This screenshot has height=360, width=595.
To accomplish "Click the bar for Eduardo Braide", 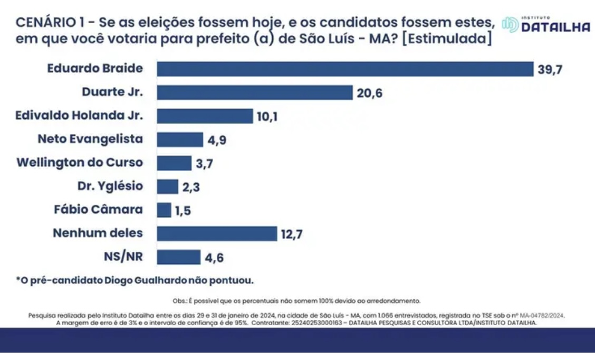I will pyautogui.click(x=346, y=69).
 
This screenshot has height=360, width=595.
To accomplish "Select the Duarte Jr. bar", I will pyautogui.click(x=255, y=92).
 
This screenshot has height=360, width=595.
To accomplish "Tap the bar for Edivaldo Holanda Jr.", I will pyautogui.click(x=205, y=116).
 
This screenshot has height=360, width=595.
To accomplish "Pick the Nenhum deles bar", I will pyautogui.click(x=217, y=233).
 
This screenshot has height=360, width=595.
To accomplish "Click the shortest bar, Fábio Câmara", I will pyautogui.click(x=164, y=210).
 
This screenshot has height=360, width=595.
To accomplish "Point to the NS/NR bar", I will pyautogui.click(x=179, y=257).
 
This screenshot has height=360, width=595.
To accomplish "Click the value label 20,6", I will pyautogui.click(x=369, y=93).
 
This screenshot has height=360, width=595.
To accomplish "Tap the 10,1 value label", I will pyautogui.click(x=267, y=117).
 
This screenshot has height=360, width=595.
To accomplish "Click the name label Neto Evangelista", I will pyautogui.click(x=90, y=139).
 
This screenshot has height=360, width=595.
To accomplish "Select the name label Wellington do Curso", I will pyautogui.click(x=80, y=163).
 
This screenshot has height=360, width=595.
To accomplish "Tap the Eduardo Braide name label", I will pyautogui.click(x=95, y=69).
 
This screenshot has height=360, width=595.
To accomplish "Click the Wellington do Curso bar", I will pyautogui.click(x=174, y=163).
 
